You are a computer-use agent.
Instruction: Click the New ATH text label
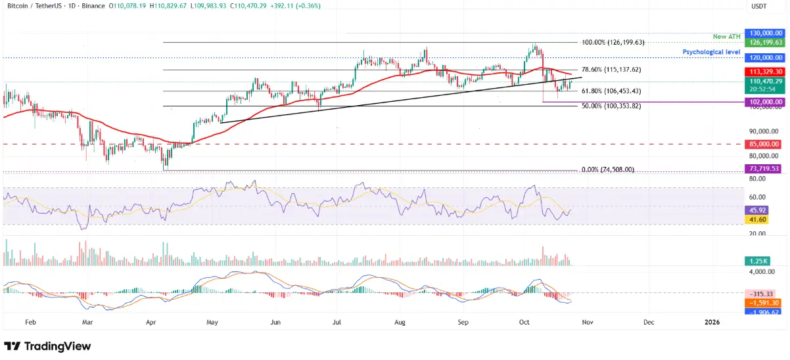point(726,36)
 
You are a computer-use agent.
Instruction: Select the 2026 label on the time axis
point(711,323)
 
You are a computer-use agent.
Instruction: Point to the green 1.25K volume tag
point(756,261)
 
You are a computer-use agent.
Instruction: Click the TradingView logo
point(47,346)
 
